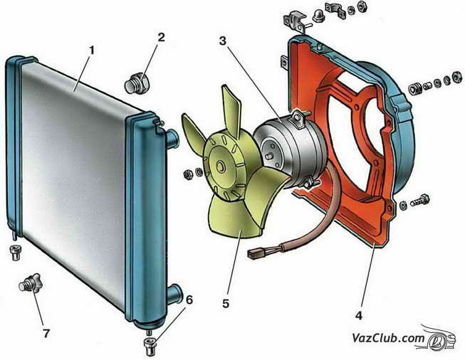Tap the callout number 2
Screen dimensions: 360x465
162,37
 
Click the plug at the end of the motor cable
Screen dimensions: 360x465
256,252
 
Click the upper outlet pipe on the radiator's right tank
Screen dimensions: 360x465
172,135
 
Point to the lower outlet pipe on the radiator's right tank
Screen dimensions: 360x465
174,291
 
